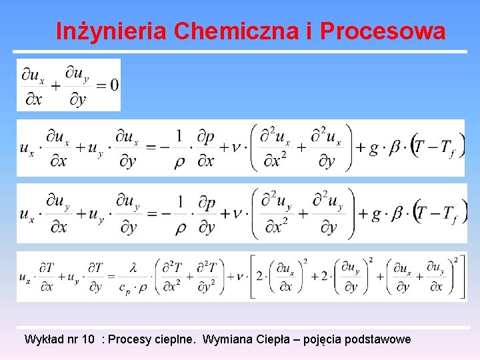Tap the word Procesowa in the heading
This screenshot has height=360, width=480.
point(383,31)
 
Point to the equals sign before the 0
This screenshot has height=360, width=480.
point(101,85)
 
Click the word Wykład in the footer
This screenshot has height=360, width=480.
point(43,339)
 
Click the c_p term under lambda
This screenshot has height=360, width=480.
point(125,287)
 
